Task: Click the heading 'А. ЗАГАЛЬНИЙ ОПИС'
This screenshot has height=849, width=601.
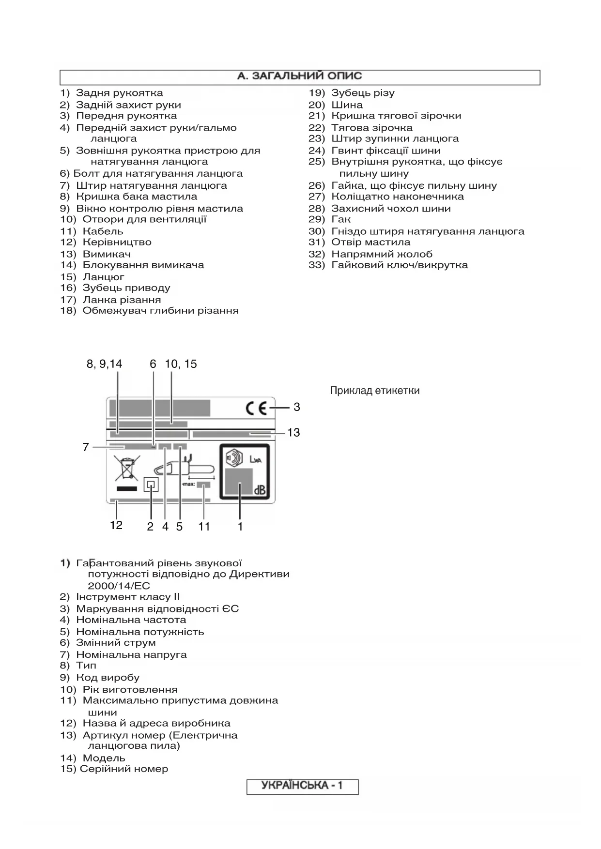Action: point(299,76)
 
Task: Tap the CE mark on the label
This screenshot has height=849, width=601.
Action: point(256,409)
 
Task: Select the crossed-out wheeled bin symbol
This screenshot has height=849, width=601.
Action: point(126,468)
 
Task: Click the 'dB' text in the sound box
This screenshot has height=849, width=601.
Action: point(260,490)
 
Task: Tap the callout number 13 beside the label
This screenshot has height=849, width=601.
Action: point(293,432)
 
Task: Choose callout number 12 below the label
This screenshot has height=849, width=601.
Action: point(116,525)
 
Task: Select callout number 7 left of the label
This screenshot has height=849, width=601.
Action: point(86,447)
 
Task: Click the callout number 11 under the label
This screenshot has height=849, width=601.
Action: point(204,527)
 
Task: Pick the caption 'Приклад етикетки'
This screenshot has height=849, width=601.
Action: point(374,391)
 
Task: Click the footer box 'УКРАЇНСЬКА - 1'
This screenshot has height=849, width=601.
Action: point(302,785)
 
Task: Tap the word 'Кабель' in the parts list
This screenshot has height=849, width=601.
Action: point(103,231)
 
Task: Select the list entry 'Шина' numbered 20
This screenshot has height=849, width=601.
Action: point(347,105)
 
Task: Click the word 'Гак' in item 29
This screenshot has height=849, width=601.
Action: point(341,219)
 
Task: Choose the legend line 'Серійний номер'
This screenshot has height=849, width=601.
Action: point(124,769)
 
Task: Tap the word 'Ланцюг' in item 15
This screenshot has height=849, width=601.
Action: point(103,277)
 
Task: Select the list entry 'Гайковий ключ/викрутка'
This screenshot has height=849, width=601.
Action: point(399,265)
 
